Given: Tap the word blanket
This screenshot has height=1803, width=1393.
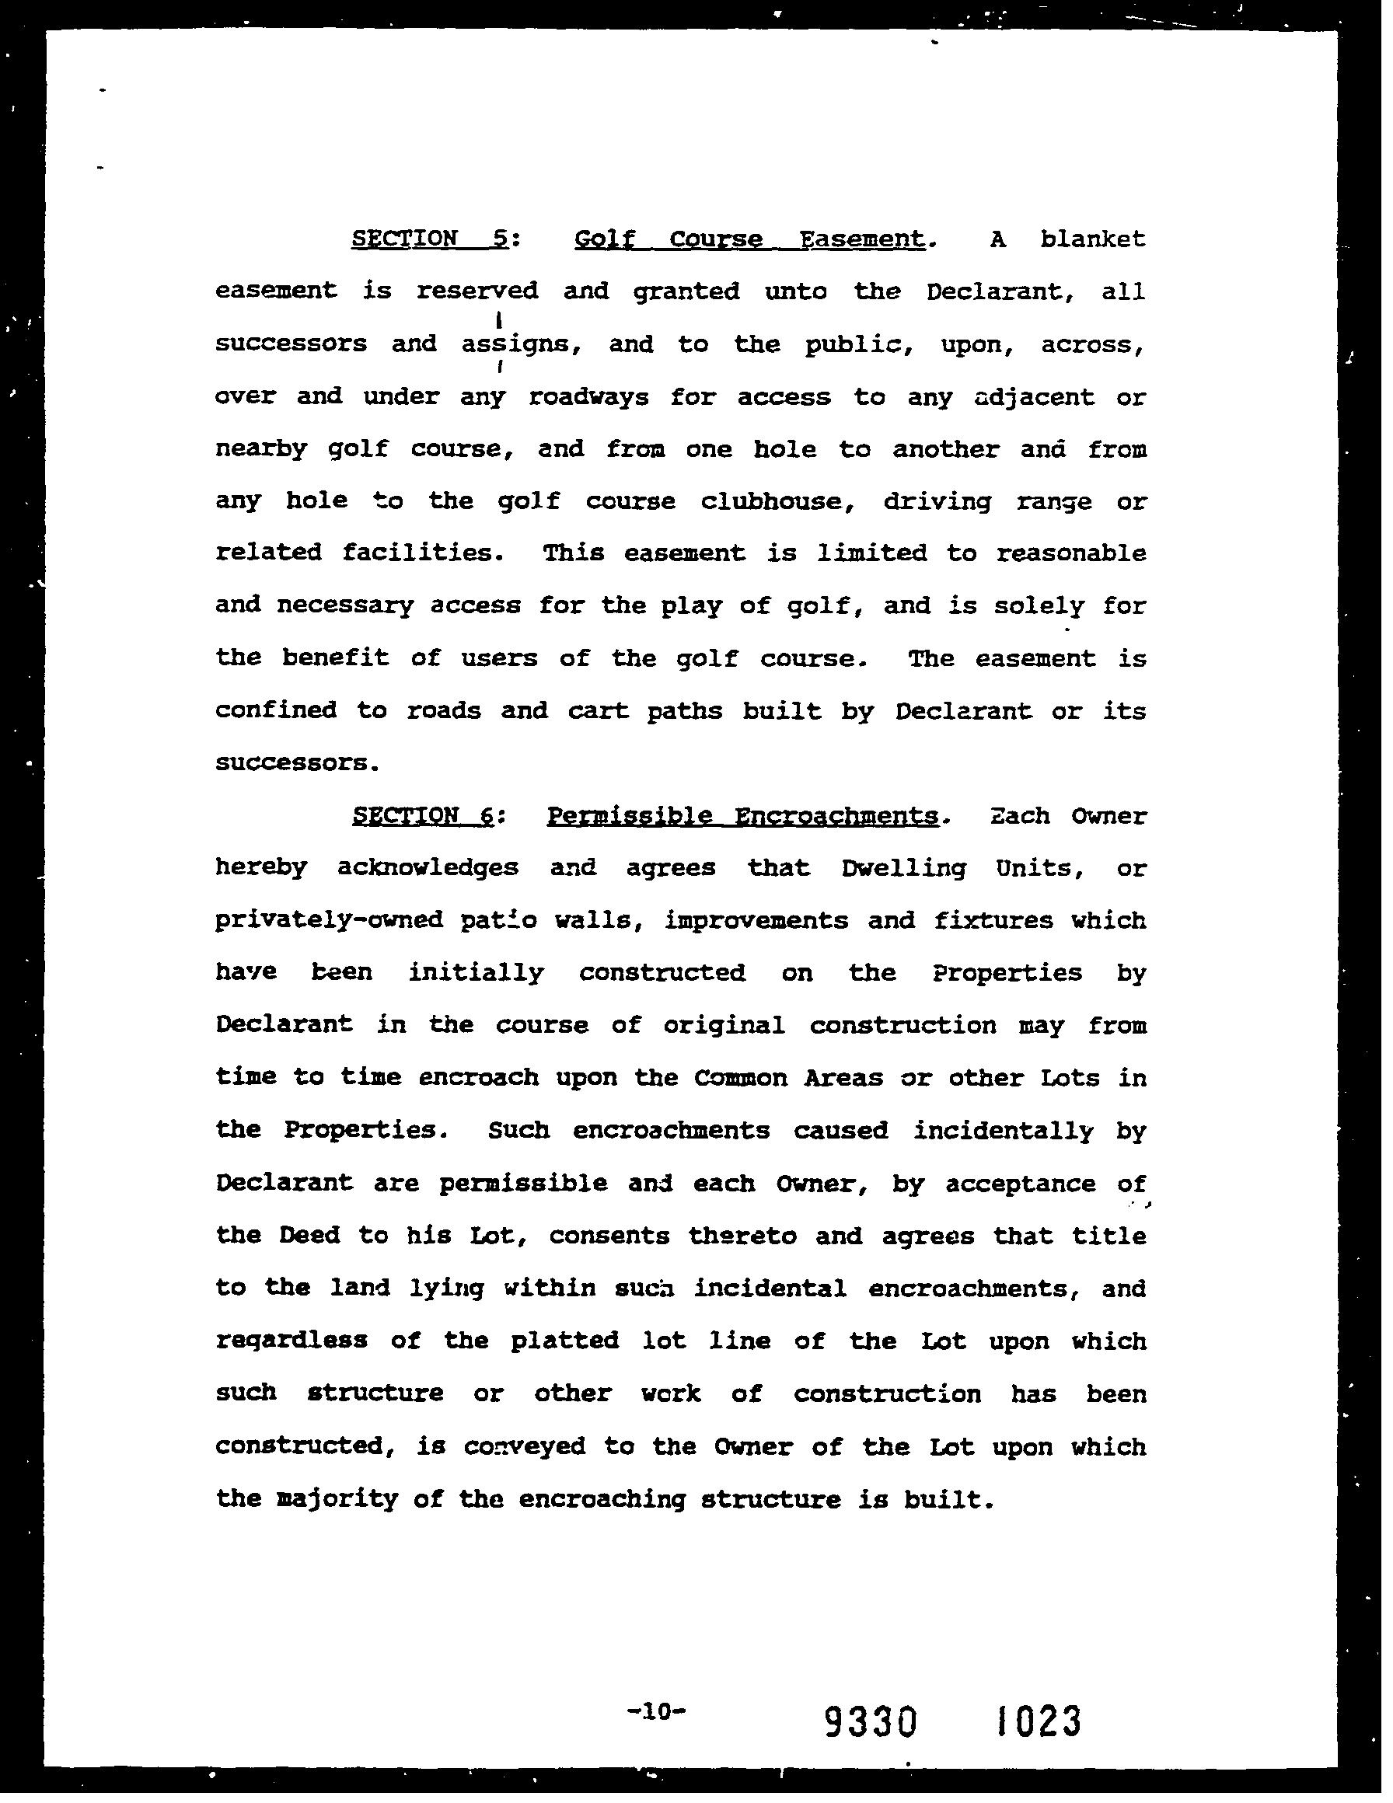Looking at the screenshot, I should (x=1092, y=239).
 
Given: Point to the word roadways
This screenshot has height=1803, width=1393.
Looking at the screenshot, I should (x=588, y=397).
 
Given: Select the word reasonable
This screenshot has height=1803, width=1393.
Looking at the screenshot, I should (x=1070, y=553).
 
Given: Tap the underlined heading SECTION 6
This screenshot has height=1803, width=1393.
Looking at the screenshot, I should (x=424, y=816).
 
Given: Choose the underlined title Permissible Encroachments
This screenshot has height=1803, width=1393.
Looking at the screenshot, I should (x=742, y=816).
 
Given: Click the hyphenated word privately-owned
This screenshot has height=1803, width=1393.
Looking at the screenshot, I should (x=330, y=919).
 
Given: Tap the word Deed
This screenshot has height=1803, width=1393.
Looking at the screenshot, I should (x=309, y=1235).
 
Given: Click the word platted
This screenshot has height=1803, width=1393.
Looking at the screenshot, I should (x=565, y=1340).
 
